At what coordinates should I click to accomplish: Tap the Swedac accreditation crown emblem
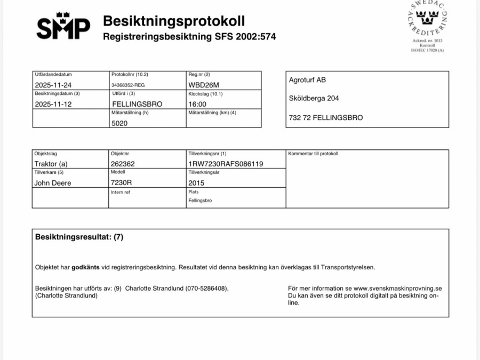(427, 20)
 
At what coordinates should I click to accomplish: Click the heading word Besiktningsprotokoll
(174, 21)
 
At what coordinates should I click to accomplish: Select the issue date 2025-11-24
(52, 85)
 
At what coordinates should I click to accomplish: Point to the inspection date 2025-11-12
(52, 104)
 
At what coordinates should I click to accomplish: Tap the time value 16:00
(197, 104)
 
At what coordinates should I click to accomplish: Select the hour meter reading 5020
(119, 123)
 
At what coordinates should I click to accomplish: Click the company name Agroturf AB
(307, 80)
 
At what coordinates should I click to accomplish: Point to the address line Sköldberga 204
(314, 98)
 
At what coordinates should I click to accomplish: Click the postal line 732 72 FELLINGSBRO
(325, 117)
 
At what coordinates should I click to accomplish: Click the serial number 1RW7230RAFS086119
(226, 164)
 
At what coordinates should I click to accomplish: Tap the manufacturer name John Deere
(53, 182)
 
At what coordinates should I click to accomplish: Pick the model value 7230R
(121, 182)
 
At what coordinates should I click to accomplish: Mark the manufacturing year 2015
(196, 182)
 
